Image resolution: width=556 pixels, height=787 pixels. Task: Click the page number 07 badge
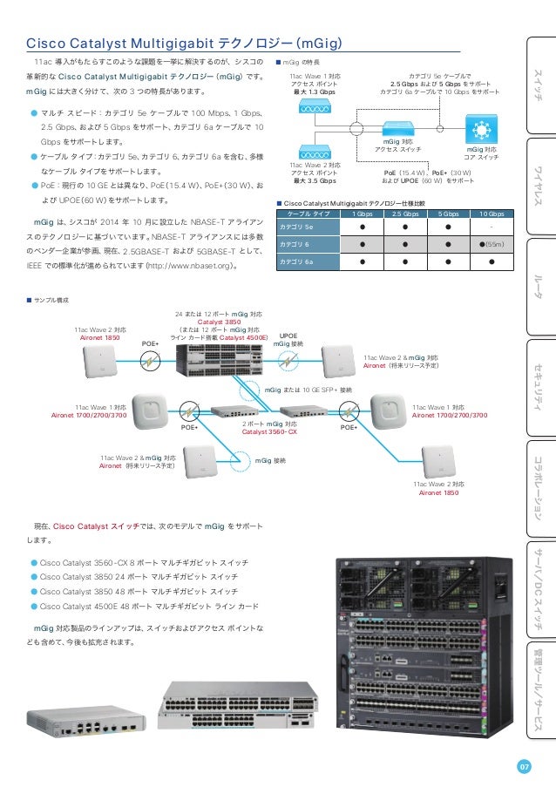click(x=524, y=766)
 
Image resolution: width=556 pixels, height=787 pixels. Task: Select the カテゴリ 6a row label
click(x=293, y=261)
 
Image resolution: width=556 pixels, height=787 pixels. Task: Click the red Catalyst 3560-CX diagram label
click(x=269, y=431)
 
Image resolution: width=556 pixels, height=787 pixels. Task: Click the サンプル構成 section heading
click(x=51, y=299)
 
